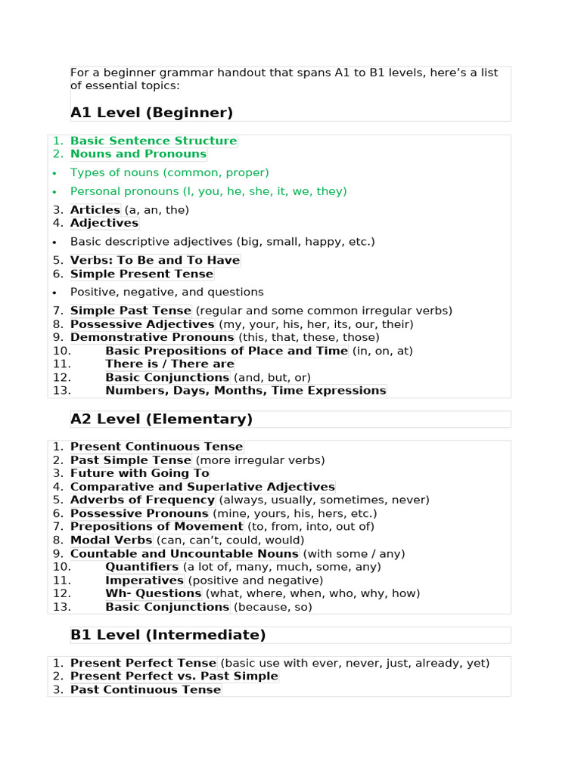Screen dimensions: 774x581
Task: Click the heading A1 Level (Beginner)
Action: click(x=151, y=113)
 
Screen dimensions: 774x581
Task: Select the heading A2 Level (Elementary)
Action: click(x=161, y=420)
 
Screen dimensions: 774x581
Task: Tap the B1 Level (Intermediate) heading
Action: click(x=168, y=635)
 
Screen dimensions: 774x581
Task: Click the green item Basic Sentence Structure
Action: click(x=154, y=141)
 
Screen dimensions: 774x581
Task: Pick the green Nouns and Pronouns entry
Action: click(x=138, y=154)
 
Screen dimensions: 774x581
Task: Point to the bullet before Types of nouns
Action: click(x=55, y=173)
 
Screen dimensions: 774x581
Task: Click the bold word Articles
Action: click(x=95, y=210)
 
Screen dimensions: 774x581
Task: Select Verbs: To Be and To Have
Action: click(x=155, y=261)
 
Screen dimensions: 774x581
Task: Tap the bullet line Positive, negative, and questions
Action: click(x=166, y=293)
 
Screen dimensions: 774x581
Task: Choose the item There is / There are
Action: click(x=169, y=364)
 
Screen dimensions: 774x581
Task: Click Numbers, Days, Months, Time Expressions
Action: click(x=246, y=391)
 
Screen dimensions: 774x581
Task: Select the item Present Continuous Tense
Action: click(x=157, y=447)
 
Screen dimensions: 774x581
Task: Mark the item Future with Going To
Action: click(x=140, y=474)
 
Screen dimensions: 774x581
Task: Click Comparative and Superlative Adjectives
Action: click(x=203, y=488)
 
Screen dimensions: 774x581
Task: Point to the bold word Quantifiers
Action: click(x=142, y=567)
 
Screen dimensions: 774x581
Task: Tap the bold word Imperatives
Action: click(x=144, y=580)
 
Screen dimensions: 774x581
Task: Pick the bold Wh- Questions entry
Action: click(x=154, y=594)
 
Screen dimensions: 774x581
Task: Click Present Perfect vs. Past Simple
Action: click(x=174, y=676)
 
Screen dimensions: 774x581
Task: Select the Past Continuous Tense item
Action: click(x=145, y=690)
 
